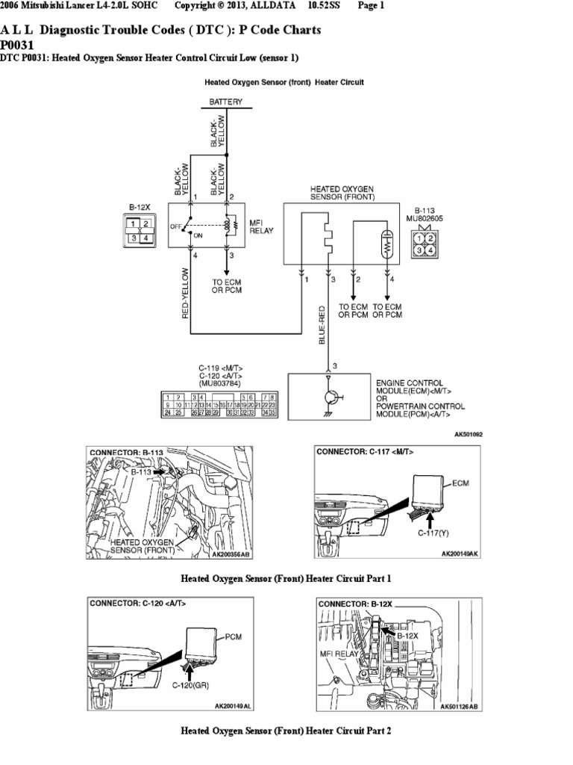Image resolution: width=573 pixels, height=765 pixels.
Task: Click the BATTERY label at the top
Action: tap(225, 102)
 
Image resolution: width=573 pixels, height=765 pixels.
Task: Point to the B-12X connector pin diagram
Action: tap(140, 230)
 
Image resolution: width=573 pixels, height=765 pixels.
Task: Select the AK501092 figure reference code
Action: tap(469, 433)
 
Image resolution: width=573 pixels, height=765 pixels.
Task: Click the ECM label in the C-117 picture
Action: tap(462, 483)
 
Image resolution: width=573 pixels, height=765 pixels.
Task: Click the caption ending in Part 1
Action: tap(286, 578)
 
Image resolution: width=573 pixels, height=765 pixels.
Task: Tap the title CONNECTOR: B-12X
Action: tap(354, 603)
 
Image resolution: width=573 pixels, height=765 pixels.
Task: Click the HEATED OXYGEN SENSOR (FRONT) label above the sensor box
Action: tap(342, 193)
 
